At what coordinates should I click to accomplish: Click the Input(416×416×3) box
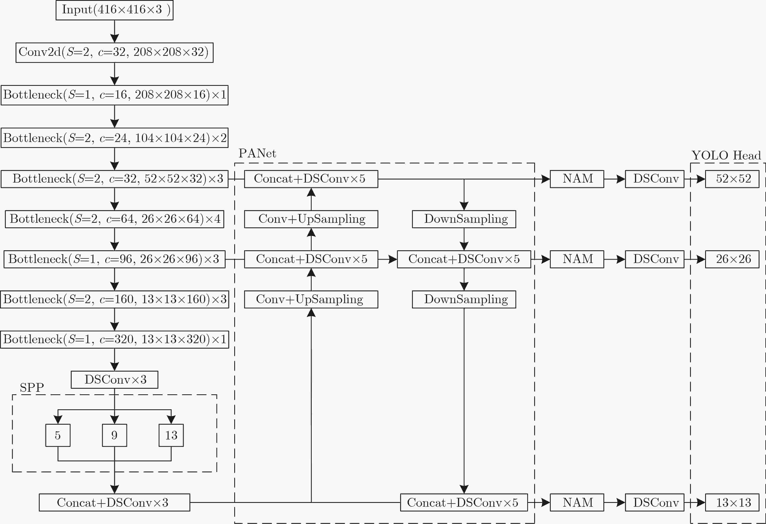114,10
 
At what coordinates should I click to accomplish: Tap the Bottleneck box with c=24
114,138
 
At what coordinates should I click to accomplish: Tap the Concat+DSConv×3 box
114,503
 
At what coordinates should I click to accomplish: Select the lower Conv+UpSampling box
311,299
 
